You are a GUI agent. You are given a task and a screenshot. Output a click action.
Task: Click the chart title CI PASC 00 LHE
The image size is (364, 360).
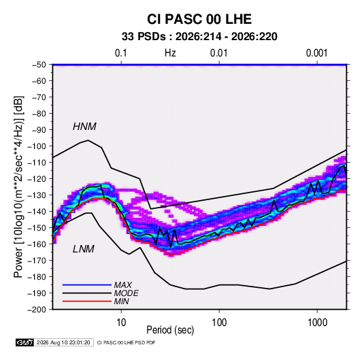[199, 19]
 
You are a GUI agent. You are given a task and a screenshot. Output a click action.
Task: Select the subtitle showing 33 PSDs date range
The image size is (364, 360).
[199, 37]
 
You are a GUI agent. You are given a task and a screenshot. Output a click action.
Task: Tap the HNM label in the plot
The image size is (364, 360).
[84, 127]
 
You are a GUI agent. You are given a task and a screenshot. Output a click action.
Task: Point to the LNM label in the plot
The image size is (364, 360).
[84, 249]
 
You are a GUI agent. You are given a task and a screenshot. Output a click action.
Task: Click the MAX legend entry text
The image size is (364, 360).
[123, 285]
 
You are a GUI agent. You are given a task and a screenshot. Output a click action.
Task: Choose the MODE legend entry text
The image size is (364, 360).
[127, 293]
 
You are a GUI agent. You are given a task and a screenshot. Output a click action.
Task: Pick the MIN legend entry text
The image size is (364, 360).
[121, 301]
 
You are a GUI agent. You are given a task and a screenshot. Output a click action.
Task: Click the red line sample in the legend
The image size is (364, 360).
[87, 301]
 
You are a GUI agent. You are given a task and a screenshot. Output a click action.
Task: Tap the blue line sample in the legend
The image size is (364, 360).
[87, 284]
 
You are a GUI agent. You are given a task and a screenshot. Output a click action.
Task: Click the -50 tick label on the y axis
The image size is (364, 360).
[39, 65]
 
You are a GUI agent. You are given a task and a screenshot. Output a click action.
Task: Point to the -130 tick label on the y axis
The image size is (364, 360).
[37, 195]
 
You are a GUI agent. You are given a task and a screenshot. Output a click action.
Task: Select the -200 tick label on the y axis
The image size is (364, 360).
[37, 310]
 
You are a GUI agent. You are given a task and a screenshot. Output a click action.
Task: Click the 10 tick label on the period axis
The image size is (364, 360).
[121, 323]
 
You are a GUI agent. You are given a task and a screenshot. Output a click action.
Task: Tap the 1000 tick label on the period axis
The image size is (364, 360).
[317, 323]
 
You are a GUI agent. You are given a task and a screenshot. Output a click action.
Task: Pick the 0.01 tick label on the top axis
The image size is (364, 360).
[219, 53]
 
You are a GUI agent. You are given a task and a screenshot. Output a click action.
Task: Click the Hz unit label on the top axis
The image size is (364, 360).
[170, 53]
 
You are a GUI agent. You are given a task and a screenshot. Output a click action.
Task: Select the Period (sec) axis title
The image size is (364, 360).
[170, 330]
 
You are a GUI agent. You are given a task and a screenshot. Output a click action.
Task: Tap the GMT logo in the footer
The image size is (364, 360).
[24, 342]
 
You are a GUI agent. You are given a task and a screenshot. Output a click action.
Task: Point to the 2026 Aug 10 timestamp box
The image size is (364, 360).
[63, 342]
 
